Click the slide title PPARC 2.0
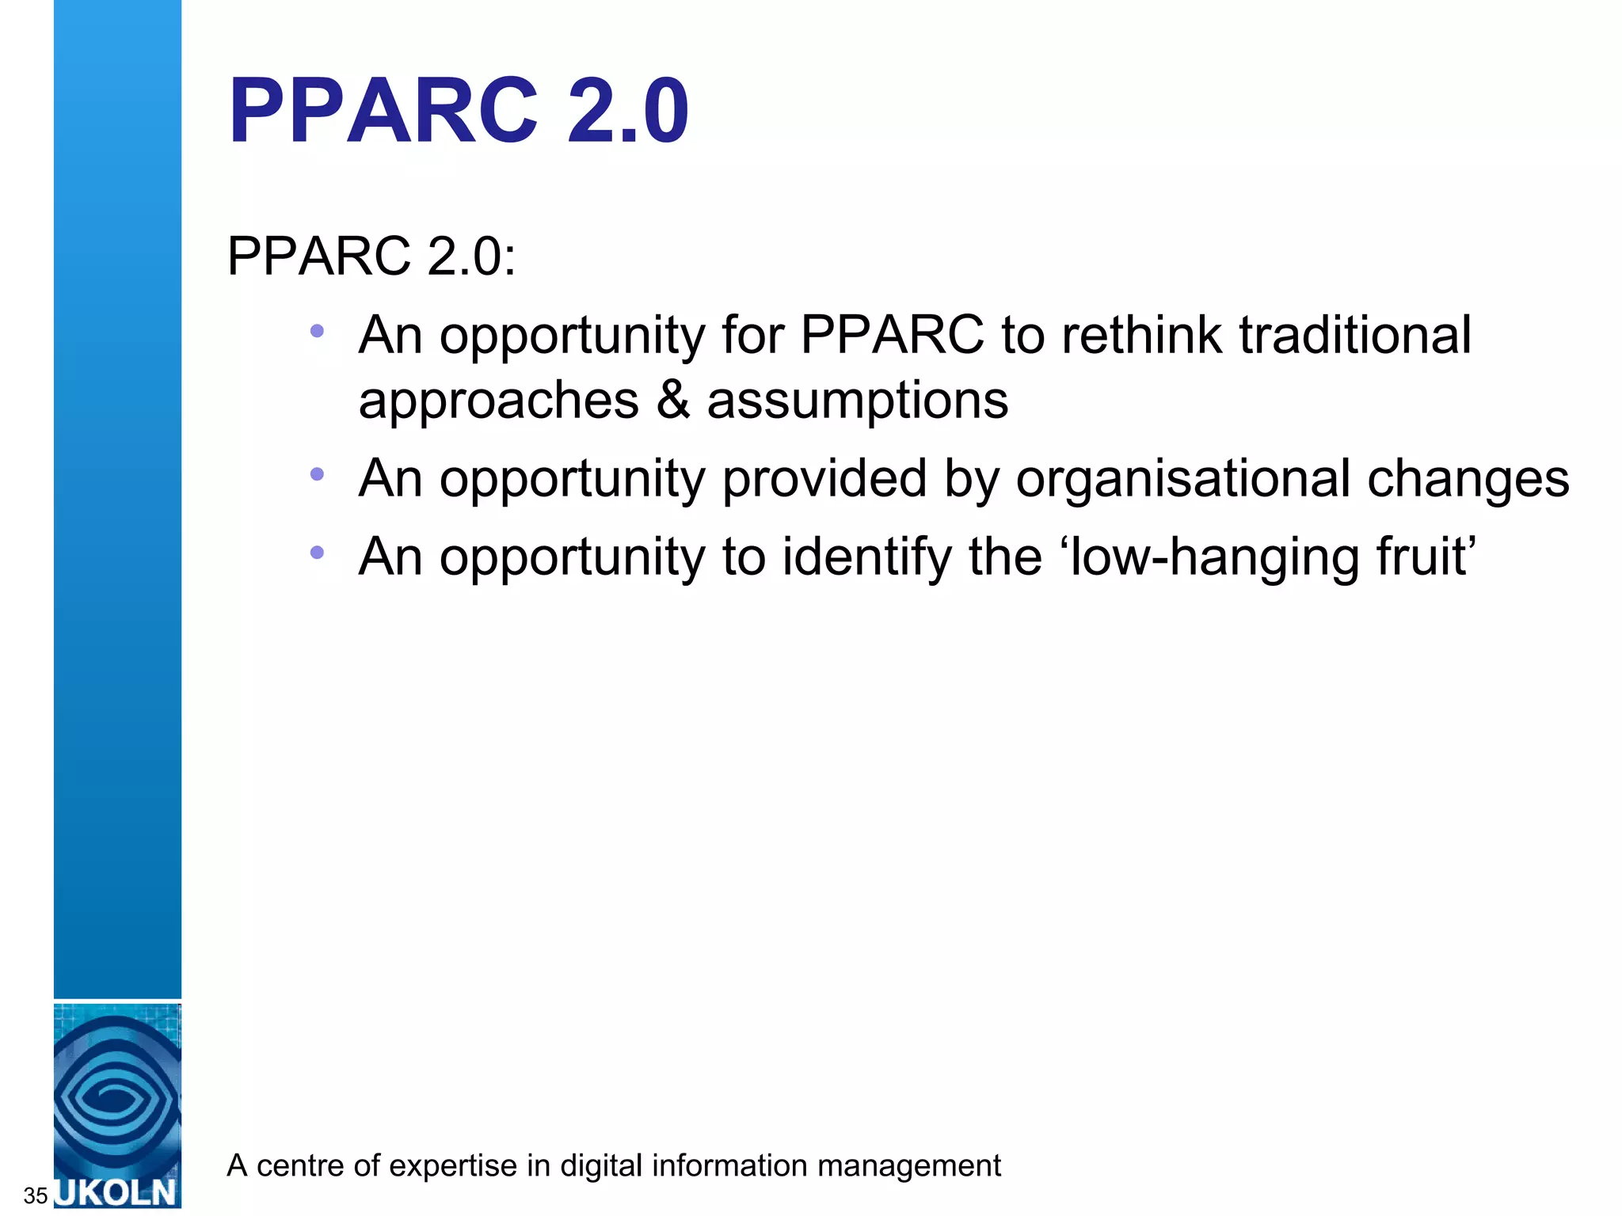click(x=458, y=111)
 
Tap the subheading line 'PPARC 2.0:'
click(x=371, y=256)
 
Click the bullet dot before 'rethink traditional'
click(x=317, y=331)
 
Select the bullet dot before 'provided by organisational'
click(x=317, y=474)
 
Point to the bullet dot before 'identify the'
click(x=317, y=553)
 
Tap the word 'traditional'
click(x=1355, y=335)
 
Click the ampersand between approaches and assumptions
click(x=672, y=400)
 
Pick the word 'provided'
click(x=824, y=478)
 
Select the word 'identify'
click(x=867, y=558)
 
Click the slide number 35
click(x=36, y=1195)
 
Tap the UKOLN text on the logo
click(x=117, y=1192)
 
